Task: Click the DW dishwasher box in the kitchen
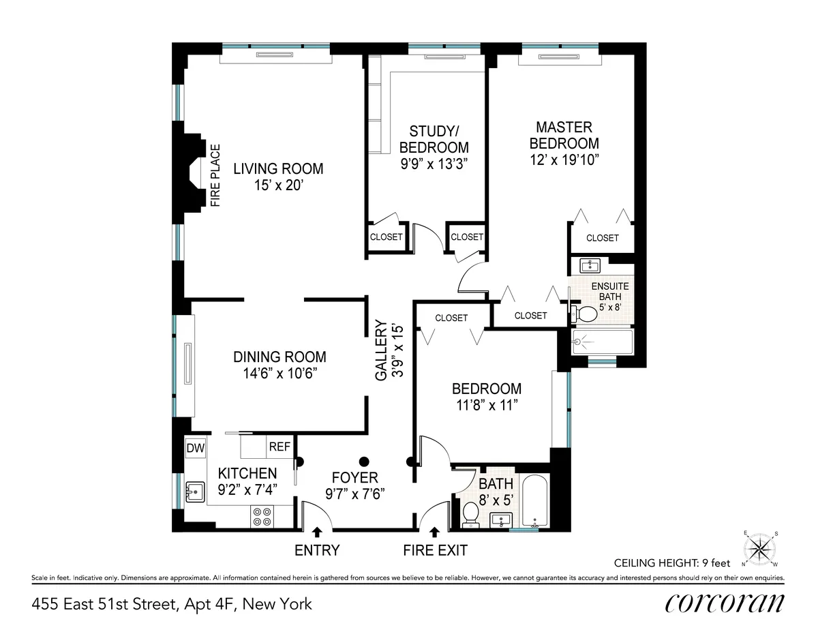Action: pyautogui.click(x=195, y=448)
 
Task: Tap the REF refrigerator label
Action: pyautogui.click(x=279, y=447)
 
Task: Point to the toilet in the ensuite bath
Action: pyautogui.click(x=584, y=314)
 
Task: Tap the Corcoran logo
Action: pyautogui.click(x=724, y=603)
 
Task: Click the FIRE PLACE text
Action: pyautogui.click(x=215, y=175)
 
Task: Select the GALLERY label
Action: pyautogui.click(x=382, y=350)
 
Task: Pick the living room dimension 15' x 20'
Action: pyautogui.click(x=278, y=185)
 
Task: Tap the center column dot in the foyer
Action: pyautogui.click(x=364, y=461)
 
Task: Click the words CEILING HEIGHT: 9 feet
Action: pyautogui.click(x=671, y=563)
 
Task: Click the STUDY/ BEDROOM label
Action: pyautogui.click(x=434, y=139)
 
